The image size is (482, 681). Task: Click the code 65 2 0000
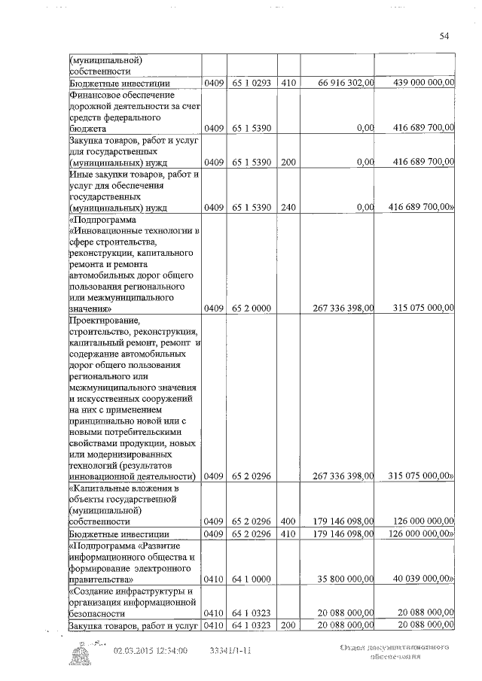(252, 308)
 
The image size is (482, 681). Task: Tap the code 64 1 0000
(252, 580)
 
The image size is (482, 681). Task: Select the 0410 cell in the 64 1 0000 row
(214, 580)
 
